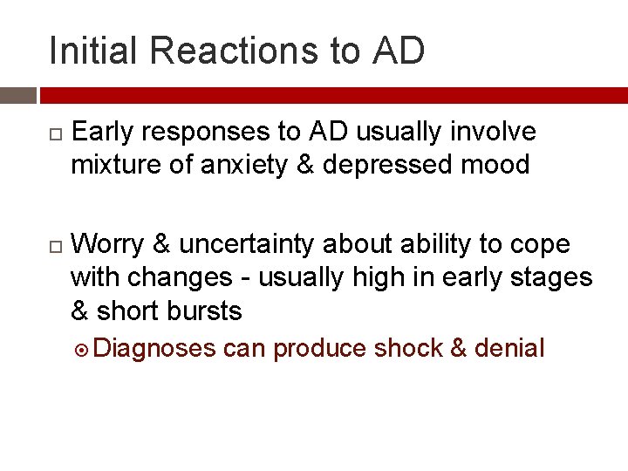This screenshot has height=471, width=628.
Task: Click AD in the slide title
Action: click(399, 51)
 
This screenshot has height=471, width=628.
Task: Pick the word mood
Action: click(496, 165)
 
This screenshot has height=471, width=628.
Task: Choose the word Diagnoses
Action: click(154, 350)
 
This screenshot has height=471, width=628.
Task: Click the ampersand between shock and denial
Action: click(459, 349)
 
